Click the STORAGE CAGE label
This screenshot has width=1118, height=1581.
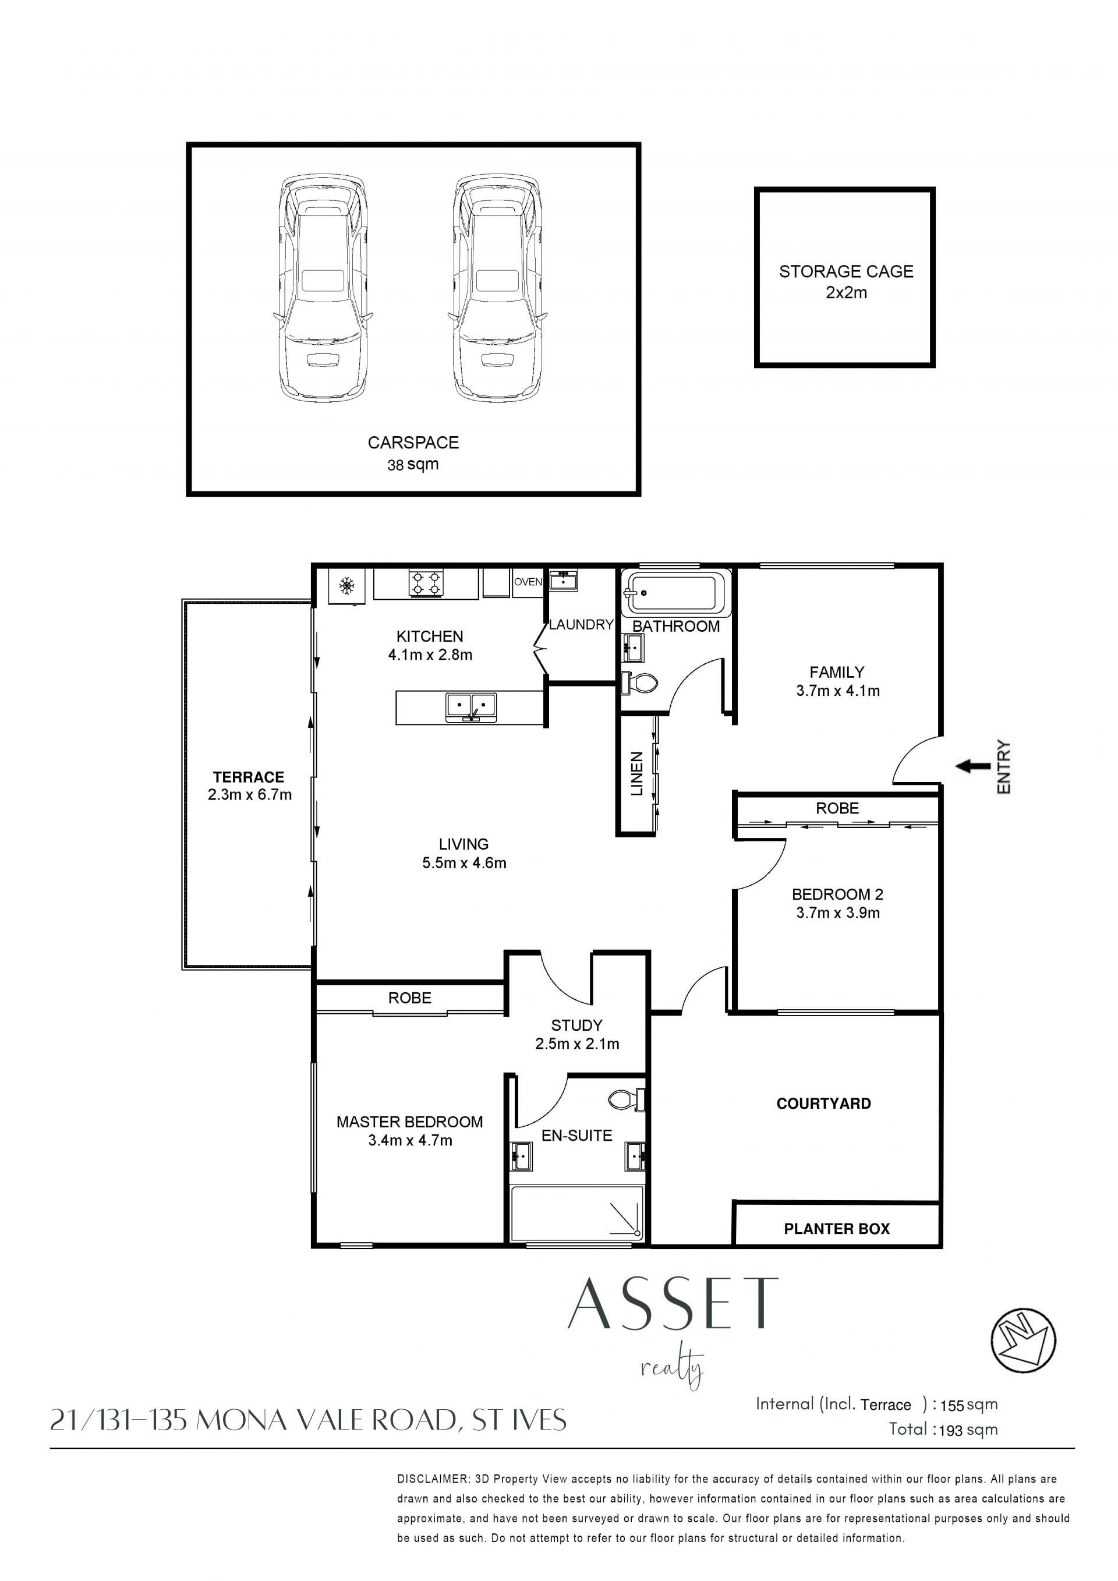(x=846, y=271)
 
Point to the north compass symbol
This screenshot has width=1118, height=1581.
(x=1023, y=1340)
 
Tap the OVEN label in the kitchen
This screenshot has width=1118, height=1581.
(x=528, y=582)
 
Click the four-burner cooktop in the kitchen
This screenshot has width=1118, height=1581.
(x=426, y=582)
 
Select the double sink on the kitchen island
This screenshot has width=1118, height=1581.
(x=472, y=706)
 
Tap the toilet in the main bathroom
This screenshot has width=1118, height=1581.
(x=639, y=683)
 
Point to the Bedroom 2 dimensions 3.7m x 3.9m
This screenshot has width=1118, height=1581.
(x=838, y=912)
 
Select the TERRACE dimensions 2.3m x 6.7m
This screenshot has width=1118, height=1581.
(x=249, y=795)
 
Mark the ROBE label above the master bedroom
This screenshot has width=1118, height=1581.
(x=409, y=998)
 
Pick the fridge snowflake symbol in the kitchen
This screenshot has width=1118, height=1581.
(x=347, y=586)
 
